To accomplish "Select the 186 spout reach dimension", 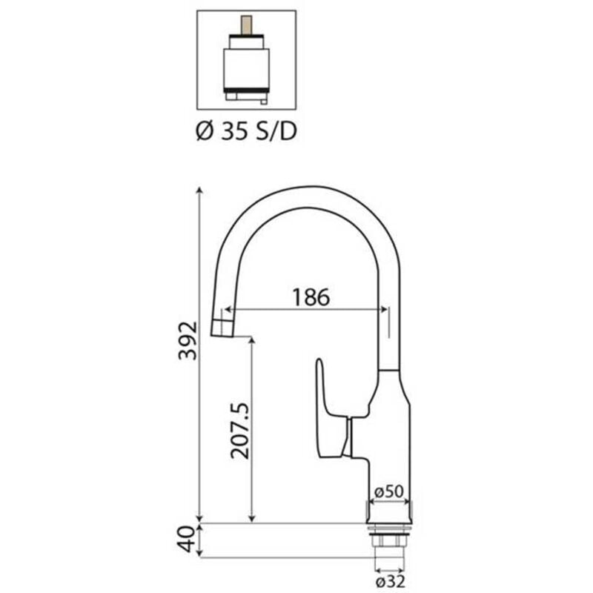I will pos(309,296).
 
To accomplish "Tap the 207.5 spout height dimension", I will pos(239,432).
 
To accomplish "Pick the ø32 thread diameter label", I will pos(389,582).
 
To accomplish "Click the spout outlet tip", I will pos(222,328).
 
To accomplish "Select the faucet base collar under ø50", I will pos(388,512).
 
